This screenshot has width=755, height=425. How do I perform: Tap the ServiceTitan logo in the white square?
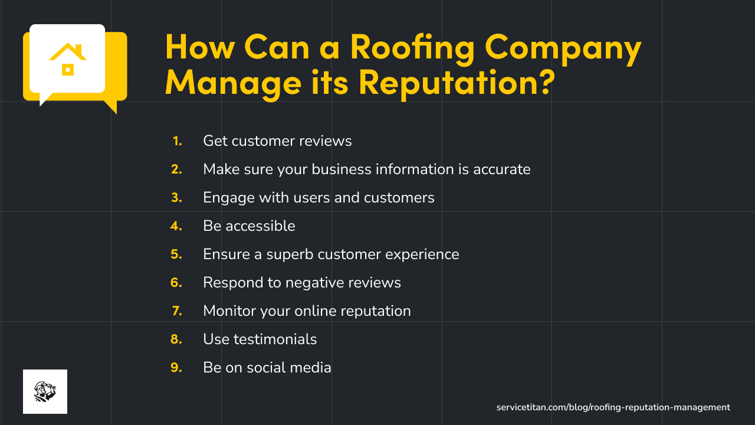click(x=45, y=391)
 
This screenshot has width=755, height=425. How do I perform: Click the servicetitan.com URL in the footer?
click(x=613, y=407)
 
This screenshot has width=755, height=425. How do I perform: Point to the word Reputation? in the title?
click(x=456, y=82)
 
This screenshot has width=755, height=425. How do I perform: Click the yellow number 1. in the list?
click(x=177, y=141)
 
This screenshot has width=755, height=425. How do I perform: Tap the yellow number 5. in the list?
click(x=176, y=254)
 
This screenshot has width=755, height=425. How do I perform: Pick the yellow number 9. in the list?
click(x=176, y=368)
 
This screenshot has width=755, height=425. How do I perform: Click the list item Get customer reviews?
click(x=277, y=141)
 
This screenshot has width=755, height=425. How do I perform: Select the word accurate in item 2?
click(x=501, y=169)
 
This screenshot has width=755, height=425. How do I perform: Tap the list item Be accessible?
click(x=249, y=226)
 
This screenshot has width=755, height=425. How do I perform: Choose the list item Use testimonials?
click(x=260, y=339)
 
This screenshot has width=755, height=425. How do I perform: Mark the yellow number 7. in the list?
click(x=177, y=311)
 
